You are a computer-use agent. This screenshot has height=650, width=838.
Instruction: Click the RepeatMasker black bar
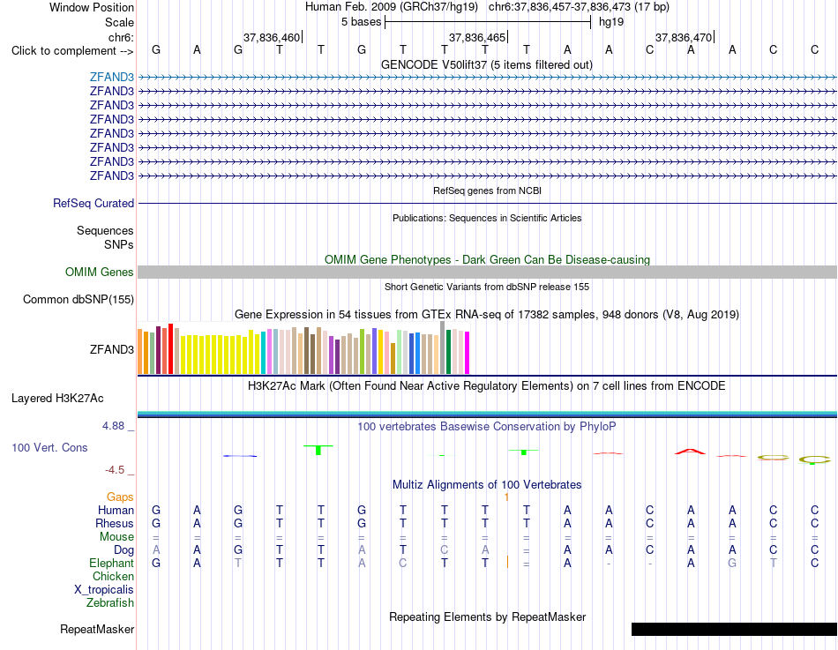click(x=734, y=629)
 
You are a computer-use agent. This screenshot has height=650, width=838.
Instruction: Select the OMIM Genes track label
click(x=100, y=272)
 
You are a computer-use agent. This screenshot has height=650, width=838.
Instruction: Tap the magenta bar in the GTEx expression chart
click(x=467, y=353)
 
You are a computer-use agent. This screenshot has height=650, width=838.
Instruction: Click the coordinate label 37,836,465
click(x=476, y=37)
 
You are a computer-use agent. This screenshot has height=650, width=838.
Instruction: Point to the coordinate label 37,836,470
click(x=684, y=37)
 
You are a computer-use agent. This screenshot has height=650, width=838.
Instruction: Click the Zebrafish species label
click(x=110, y=603)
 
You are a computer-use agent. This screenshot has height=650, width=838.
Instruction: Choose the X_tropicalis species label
click(x=104, y=590)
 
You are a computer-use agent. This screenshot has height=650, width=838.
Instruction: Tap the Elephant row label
click(x=111, y=564)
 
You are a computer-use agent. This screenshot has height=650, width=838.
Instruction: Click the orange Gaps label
click(x=120, y=497)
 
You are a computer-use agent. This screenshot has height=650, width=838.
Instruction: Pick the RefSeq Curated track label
click(x=94, y=203)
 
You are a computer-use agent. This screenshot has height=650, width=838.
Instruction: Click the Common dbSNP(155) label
click(x=79, y=299)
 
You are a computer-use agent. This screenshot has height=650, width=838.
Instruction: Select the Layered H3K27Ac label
click(x=57, y=399)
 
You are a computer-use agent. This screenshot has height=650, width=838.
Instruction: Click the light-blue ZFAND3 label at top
click(x=112, y=77)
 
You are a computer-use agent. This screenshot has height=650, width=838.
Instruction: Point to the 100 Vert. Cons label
click(x=49, y=447)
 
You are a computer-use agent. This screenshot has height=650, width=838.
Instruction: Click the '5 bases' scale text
click(x=362, y=22)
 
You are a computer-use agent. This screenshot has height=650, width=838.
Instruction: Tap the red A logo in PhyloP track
click(x=691, y=452)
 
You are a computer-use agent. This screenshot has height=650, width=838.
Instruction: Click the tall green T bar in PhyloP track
click(x=318, y=450)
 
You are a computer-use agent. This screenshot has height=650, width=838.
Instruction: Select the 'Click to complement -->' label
click(x=72, y=51)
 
